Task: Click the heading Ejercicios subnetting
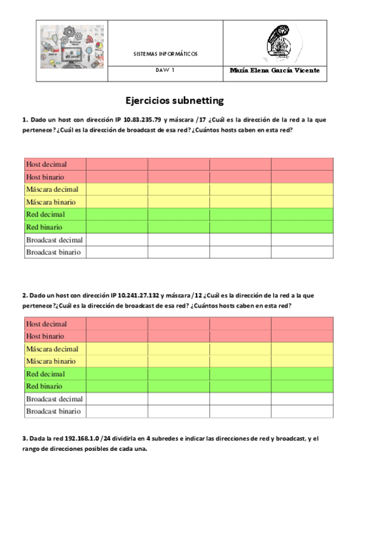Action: click(174, 101)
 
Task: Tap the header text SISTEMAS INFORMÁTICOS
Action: click(165, 54)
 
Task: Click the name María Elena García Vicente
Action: click(274, 70)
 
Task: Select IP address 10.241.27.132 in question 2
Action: click(137, 295)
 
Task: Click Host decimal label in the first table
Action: click(46, 164)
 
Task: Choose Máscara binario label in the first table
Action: click(51, 202)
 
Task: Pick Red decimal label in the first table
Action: click(45, 215)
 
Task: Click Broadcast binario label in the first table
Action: click(53, 252)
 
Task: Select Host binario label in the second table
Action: click(45, 336)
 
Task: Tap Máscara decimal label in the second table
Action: click(52, 349)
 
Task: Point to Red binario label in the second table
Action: click(44, 387)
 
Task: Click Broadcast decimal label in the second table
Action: click(55, 399)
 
